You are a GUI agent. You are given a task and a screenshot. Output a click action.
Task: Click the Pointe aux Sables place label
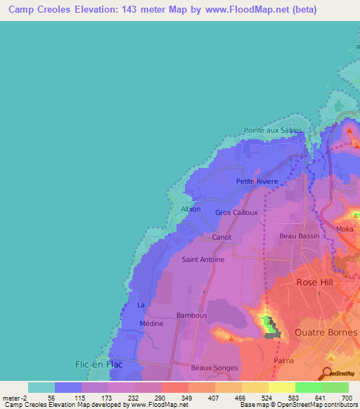point(273,130)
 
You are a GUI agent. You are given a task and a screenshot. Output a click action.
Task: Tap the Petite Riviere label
point(257,181)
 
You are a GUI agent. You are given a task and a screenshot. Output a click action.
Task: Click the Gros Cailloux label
point(236,212)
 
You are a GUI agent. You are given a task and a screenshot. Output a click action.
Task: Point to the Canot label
point(221,238)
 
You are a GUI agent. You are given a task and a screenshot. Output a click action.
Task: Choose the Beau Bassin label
point(299,236)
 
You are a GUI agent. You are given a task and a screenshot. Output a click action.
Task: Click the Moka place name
point(345,229)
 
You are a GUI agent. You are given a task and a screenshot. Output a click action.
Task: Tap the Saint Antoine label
point(203,259)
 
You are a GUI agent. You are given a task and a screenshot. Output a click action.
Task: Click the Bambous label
point(191,316)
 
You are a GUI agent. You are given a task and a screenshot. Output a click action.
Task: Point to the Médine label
point(151,324)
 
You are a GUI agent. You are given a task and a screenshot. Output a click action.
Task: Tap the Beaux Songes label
point(215,368)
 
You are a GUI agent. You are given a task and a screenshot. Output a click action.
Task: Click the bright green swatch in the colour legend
point(308,387)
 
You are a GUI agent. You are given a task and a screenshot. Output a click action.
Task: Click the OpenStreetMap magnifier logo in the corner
point(327,373)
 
